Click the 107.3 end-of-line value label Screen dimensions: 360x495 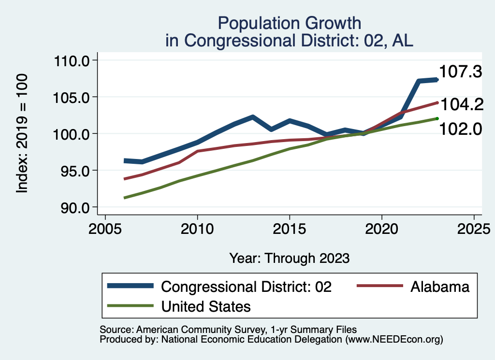click(461, 72)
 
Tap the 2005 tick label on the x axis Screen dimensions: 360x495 click(105, 228)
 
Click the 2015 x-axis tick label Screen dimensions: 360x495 click(290, 228)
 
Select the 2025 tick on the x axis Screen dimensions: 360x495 click(474, 228)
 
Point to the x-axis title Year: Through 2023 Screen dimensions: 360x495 click(289, 258)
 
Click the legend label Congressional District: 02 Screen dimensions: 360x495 click(247, 287)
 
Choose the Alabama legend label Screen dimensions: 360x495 click(440, 287)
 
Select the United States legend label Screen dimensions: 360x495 click(206, 306)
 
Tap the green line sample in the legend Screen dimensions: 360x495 click(131, 306)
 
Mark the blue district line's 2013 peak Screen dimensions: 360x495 click(252, 117)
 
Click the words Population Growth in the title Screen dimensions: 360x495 click(289, 23)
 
